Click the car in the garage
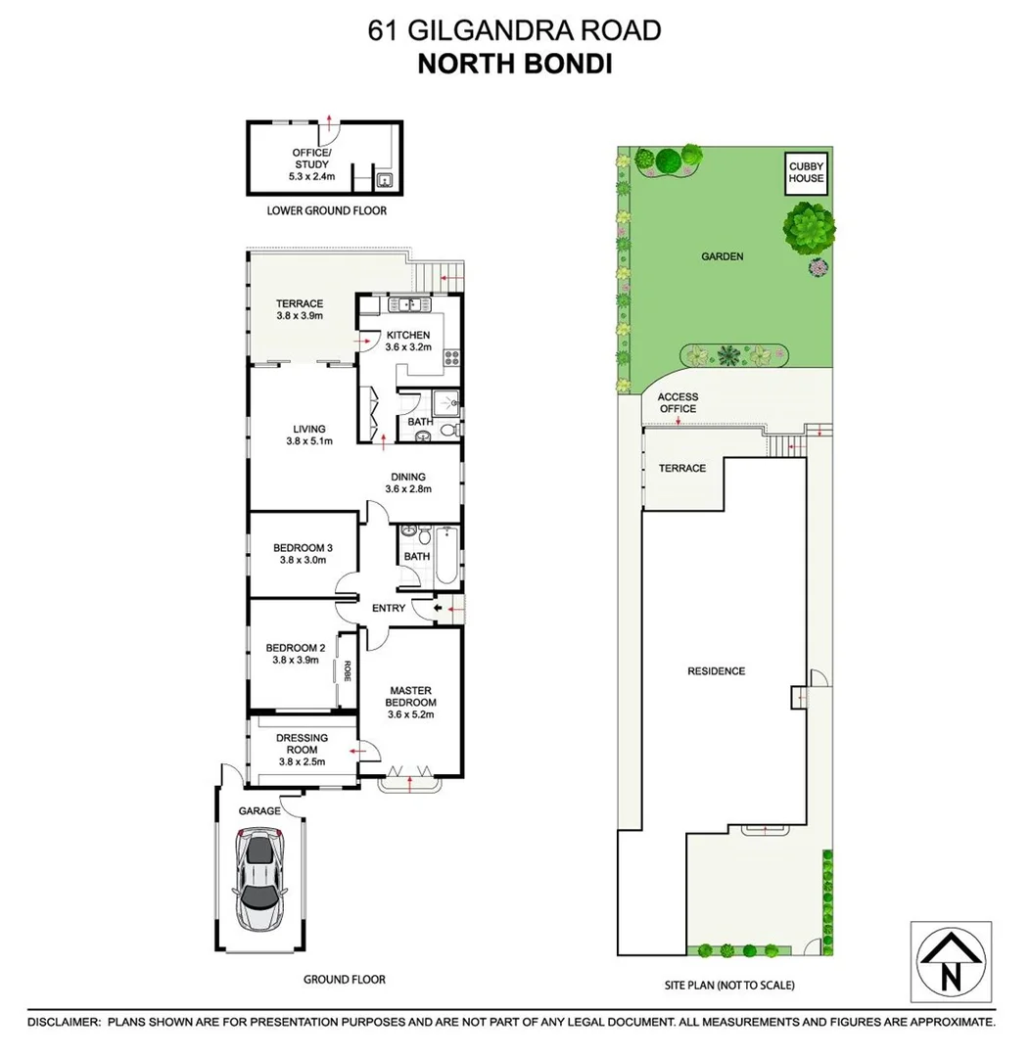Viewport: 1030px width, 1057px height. coord(260,880)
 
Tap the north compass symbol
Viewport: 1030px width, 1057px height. coord(950,962)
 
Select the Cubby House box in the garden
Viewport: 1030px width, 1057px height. coord(807,172)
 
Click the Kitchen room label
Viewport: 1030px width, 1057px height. coord(408,336)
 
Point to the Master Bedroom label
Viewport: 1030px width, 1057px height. coord(409,697)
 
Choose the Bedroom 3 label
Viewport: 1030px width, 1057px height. coord(303,548)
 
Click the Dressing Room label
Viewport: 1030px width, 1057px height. coord(302,738)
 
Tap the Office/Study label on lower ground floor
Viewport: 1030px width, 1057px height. coord(311,159)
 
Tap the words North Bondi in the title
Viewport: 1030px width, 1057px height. coord(514,65)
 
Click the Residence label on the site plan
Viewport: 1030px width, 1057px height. coord(716,671)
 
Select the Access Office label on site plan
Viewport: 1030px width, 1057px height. coord(678,402)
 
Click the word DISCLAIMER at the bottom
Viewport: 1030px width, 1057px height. coord(64,1022)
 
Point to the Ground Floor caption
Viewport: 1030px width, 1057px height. coord(344,980)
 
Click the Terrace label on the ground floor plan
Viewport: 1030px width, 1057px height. coord(299,303)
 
